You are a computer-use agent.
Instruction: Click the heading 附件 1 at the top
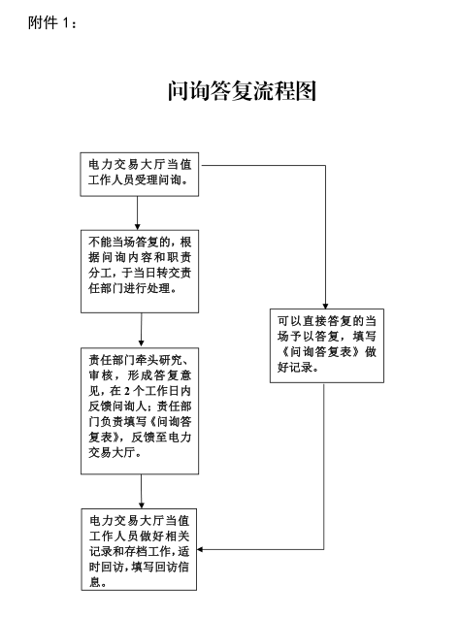51,23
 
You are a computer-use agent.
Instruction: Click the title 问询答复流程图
242,90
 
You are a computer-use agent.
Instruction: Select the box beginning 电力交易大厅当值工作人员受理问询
139,175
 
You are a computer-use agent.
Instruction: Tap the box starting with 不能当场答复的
140,272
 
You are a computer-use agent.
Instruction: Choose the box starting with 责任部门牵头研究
140,410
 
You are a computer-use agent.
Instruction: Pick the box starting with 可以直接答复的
327,345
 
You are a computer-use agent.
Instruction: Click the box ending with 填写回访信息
139,549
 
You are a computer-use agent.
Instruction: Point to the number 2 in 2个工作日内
127,391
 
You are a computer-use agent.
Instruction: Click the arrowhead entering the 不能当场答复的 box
138,227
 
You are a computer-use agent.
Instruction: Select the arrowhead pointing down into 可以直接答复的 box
325,306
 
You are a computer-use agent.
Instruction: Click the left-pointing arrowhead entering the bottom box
200,549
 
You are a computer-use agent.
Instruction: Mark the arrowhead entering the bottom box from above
142,505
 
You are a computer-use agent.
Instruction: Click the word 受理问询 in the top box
158,180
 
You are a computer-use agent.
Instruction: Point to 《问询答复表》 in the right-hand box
319,351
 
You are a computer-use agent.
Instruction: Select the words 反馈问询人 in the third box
117,407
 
